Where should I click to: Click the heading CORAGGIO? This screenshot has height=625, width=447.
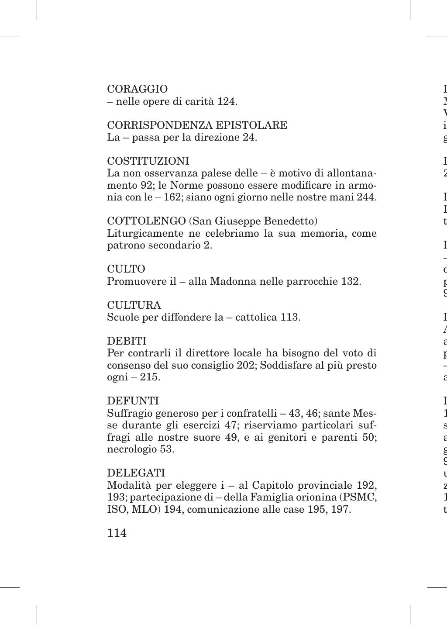[x=138, y=89]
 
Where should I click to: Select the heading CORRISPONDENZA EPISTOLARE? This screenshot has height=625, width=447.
[x=197, y=125]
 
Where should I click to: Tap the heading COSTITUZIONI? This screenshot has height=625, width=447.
[x=148, y=161]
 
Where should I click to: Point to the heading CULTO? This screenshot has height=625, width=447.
[x=126, y=269]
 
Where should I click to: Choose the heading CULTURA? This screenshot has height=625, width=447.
[x=134, y=305]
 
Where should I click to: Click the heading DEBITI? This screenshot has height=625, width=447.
[x=127, y=341]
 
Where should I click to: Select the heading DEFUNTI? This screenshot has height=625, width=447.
[x=133, y=401]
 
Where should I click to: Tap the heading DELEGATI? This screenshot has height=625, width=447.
[x=136, y=473]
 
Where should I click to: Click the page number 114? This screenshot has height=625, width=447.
[x=117, y=533]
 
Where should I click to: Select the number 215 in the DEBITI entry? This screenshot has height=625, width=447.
[x=150, y=377]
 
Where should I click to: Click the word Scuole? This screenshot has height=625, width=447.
[x=123, y=317]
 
